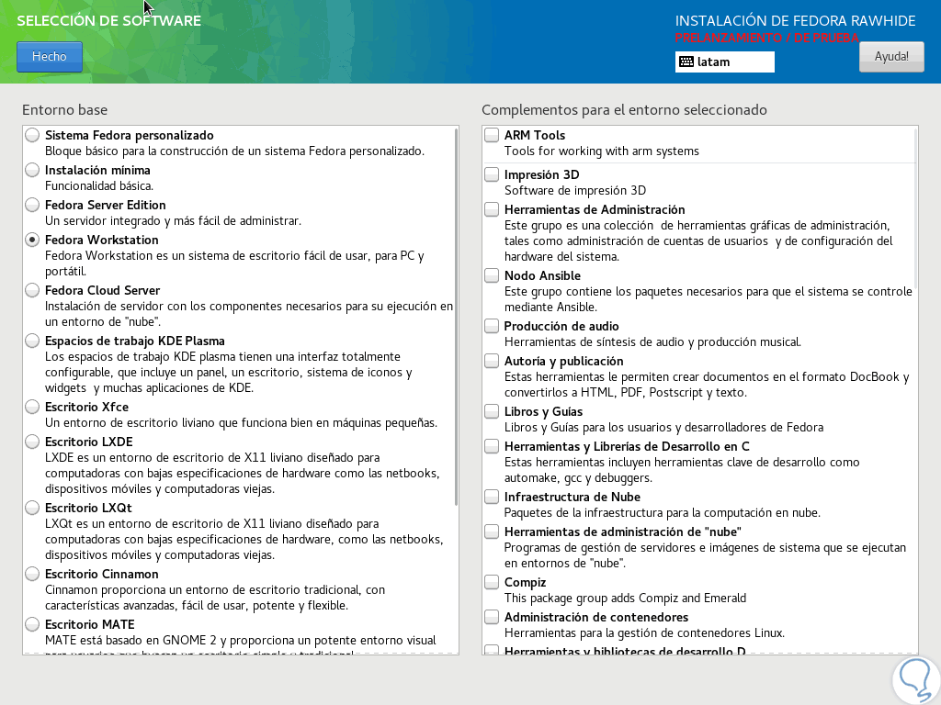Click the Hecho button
[49, 57]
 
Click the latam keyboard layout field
[724, 62]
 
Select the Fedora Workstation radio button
[32, 240]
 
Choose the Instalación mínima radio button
[32, 170]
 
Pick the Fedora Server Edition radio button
[32, 205]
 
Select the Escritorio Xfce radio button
[32, 407]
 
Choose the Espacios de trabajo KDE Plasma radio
[32, 341]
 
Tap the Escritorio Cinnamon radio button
[32, 574]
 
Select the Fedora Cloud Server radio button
[32, 290]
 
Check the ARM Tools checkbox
[492, 136]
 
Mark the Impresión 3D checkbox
[492, 174]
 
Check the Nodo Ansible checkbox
[492, 275]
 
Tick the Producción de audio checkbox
[492, 326]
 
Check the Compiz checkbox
[492, 582]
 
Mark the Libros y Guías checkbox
[492, 411]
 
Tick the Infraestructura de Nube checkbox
[492, 497]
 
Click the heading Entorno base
[64, 110]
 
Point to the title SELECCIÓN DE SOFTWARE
[108, 20]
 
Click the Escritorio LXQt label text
[89, 508]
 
